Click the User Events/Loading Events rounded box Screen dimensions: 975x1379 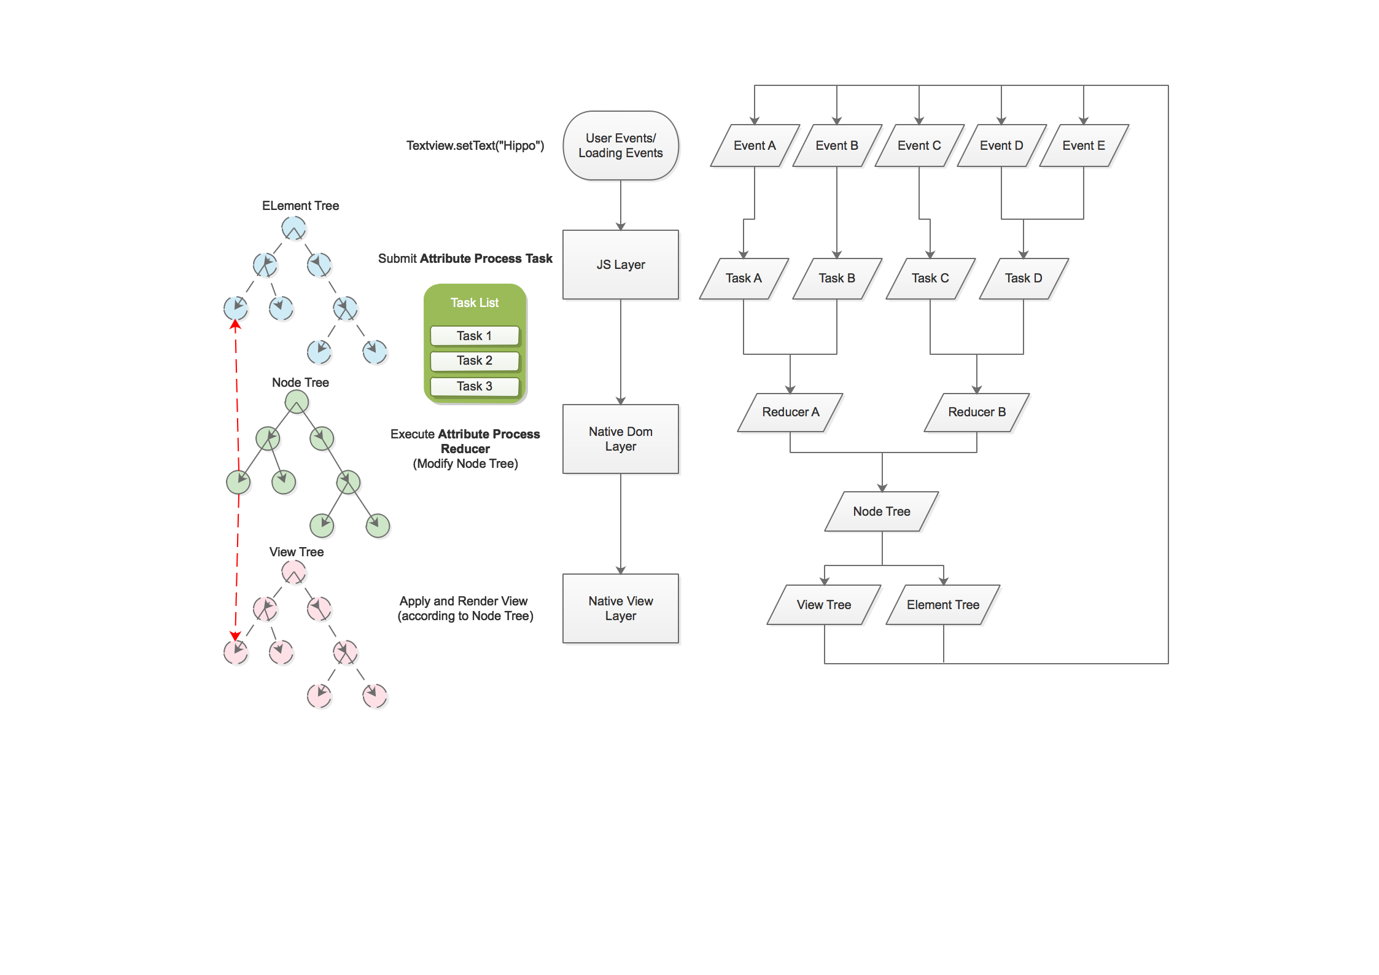tap(620, 146)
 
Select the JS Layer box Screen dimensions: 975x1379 tap(620, 265)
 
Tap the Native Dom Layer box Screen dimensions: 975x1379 tap(620, 438)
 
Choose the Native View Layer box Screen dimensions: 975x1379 tap(620, 608)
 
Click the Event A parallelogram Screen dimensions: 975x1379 tap(755, 146)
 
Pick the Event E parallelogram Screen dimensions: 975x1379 tap(1084, 146)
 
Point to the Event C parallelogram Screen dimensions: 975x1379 tap(919, 146)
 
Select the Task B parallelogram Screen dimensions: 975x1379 tap(837, 278)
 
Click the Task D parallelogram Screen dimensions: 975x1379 tap(1024, 278)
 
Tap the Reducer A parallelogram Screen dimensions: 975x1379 tap(790, 412)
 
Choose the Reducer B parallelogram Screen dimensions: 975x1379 tap(977, 412)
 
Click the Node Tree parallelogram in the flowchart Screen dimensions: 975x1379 tap(882, 511)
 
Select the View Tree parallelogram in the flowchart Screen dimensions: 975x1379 tap(824, 605)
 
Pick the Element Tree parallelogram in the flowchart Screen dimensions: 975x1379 tap(943, 605)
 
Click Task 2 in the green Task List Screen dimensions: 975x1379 tap(475, 360)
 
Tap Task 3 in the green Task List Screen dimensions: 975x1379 tap(475, 386)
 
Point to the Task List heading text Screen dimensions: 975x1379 tap(475, 303)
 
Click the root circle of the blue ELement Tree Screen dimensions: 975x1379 tap(293, 228)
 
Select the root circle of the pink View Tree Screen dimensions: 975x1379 tap(293, 572)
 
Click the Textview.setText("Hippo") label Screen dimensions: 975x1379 tap(475, 146)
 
